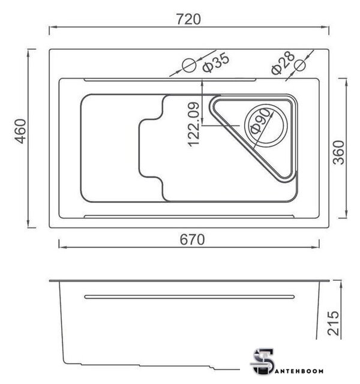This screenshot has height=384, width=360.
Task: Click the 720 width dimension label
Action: pyautogui.click(x=188, y=19)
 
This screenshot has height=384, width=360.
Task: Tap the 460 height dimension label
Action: pyautogui.click(x=20, y=131)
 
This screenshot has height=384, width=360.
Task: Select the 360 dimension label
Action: pyautogui.click(x=339, y=152)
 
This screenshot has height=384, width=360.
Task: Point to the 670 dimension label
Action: pyautogui.click(x=192, y=239)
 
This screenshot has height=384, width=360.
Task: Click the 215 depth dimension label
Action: pyautogui.click(x=334, y=323)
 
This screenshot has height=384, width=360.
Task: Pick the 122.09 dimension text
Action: pyautogui.click(x=194, y=124)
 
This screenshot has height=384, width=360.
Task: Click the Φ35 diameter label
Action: pyautogui.click(x=216, y=62)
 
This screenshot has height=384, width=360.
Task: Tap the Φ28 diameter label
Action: pyautogui.click(x=283, y=63)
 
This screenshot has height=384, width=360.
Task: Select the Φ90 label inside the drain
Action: pyautogui.click(x=260, y=121)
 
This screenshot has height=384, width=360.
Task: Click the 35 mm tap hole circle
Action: pyautogui.click(x=190, y=65)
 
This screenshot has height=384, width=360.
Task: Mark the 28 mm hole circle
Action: pyautogui.click(x=300, y=65)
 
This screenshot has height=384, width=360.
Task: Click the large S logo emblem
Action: pyautogui.click(x=263, y=362)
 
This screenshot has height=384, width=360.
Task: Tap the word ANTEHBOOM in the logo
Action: pyautogui.click(x=299, y=371)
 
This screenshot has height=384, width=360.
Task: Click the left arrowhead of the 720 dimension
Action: pyautogui.click(x=53, y=27)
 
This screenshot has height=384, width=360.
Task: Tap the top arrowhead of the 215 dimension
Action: pyautogui.click(x=341, y=284)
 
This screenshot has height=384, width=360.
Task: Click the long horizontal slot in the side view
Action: pyautogui.click(x=190, y=297)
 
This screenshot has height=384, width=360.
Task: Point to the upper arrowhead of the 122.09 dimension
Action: pyautogui.click(x=202, y=83)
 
